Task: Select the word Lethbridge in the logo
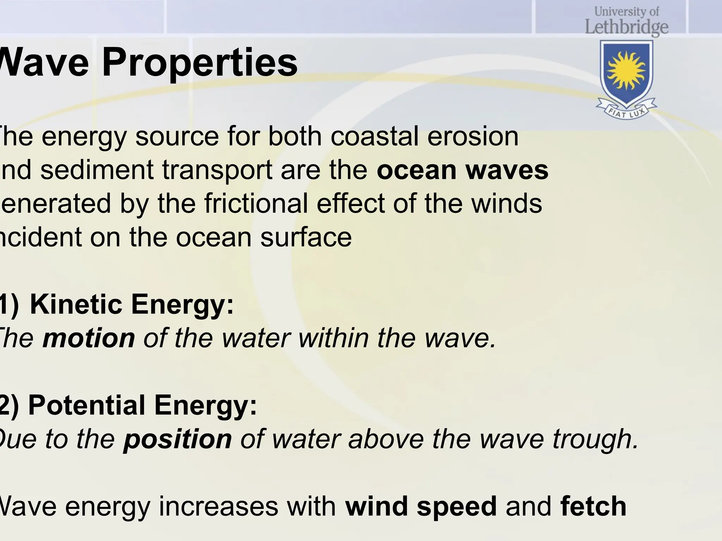coord(626,27)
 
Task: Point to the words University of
coord(626,12)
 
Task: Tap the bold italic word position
coord(178,440)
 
